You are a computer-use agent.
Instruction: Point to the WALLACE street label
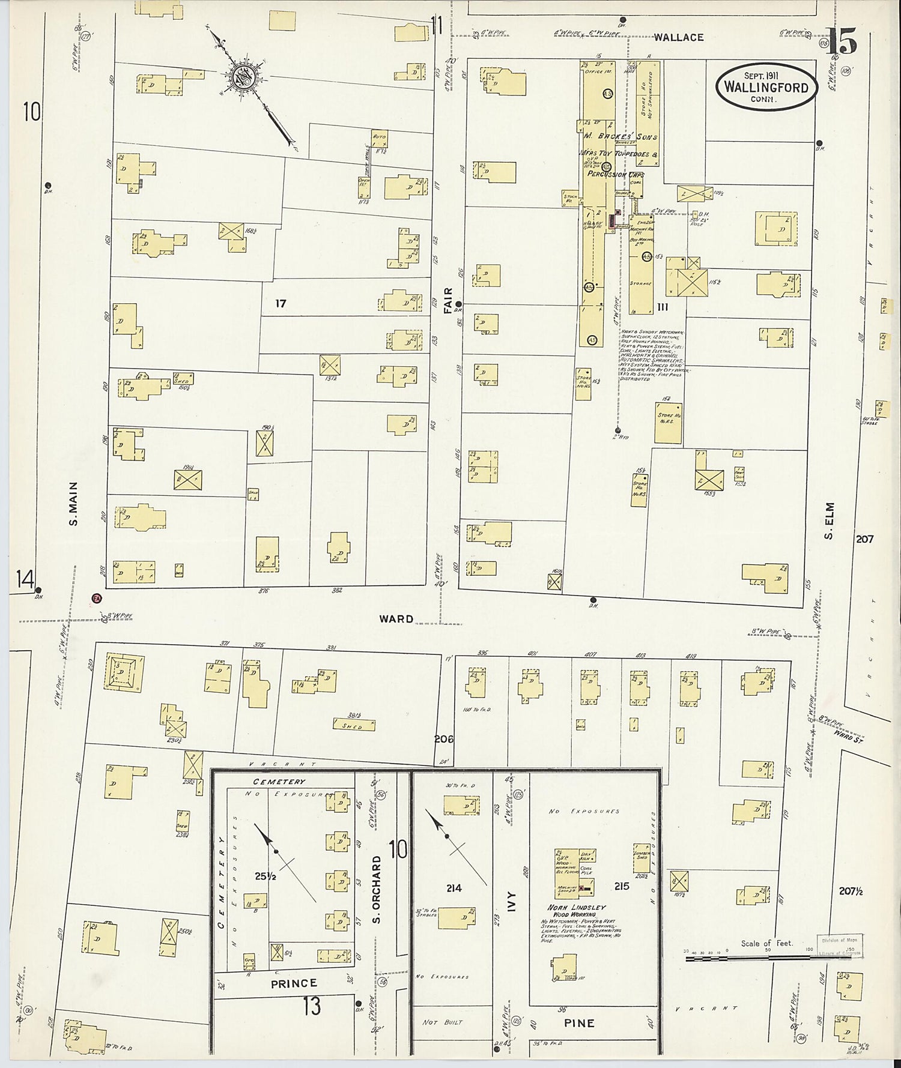(x=678, y=37)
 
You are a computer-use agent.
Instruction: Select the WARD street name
(x=396, y=618)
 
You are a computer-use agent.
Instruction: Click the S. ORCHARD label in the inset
(x=377, y=890)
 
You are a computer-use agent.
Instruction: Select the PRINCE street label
(x=294, y=983)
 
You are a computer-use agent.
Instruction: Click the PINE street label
(x=580, y=1022)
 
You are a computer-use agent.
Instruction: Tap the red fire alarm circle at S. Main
(x=96, y=598)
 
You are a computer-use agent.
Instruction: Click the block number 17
(x=281, y=304)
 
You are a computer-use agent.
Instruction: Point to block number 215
(x=621, y=885)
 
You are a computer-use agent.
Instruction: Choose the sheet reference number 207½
(x=851, y=892)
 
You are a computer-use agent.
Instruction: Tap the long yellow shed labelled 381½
(x=354, y=725)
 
